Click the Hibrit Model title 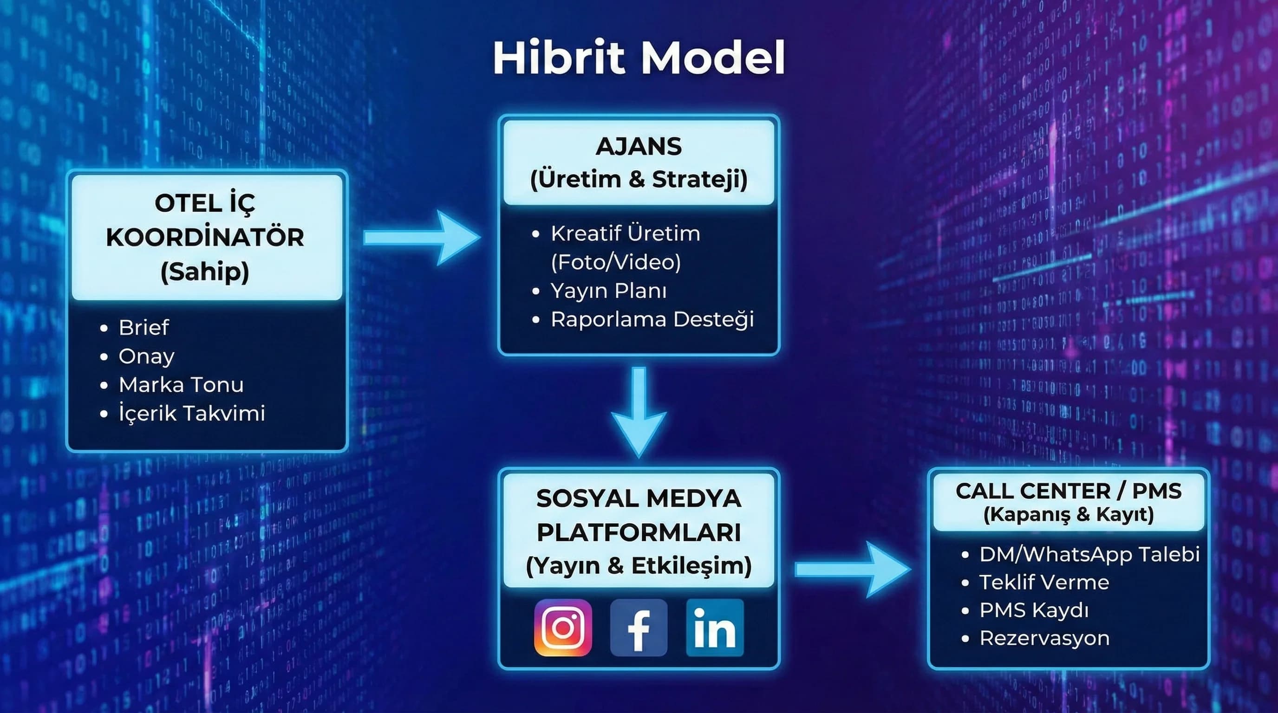[x=639, y=58]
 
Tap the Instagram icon [x=562, y=628]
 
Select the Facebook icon [x=639, y=628]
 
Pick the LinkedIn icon [x=714, y=628]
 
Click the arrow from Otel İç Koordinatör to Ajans [x=422, y=238]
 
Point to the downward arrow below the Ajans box [x=639, y=412]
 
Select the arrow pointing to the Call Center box [x=852, y=569]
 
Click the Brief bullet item [x=144, y=328]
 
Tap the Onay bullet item [x=146, y=356]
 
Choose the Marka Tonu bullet [x=181, y=385]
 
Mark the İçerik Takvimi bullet [x=191, y=414]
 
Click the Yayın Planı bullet [x=608, y=291]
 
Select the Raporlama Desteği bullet [x=652, y=320]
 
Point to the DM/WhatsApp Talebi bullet [x=1089, y=554]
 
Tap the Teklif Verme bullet [x=1044, y=583]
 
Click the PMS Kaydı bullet [x=1034, y=610]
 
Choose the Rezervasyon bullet [x=1044, y=639]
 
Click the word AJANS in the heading [x=639, y=147]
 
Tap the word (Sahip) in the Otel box [x=204, y=272]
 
